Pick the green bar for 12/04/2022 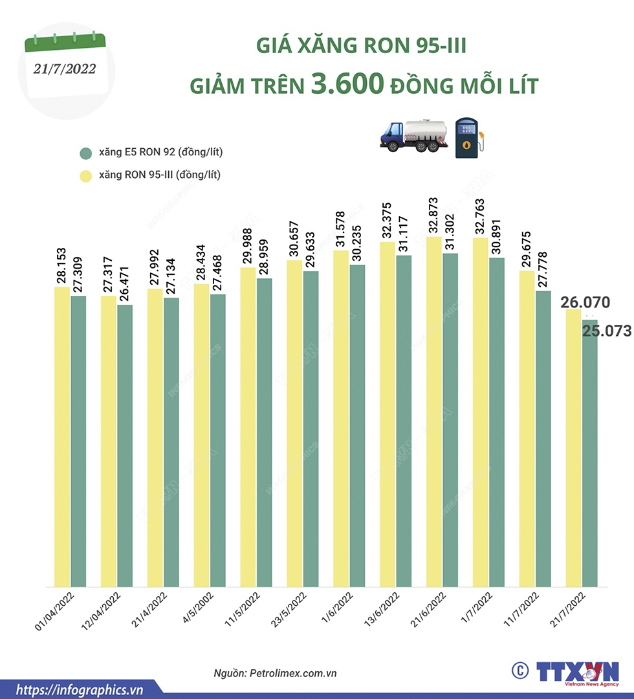(x=124, y=447)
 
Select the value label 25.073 (x=607, y=331)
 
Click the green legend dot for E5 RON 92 (x=85, y=153)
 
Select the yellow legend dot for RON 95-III (x=85, y=175)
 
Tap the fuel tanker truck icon (x=413, y=135)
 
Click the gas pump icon (x=468, y=137)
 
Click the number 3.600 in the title (x=348, y=84)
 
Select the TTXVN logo (x=576, y=671)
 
